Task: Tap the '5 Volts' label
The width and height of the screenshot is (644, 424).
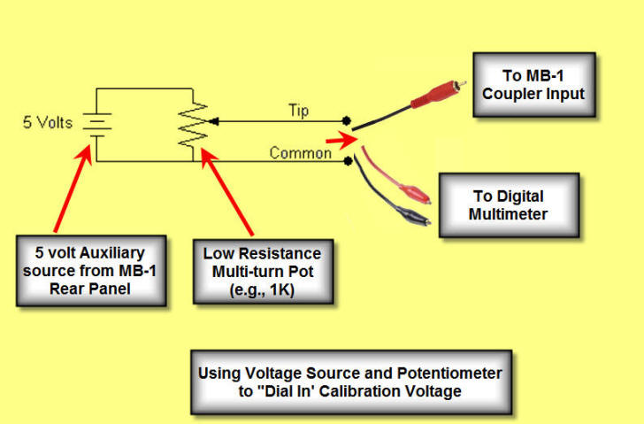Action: [49, 121]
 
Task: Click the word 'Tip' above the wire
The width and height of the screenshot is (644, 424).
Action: [299, 111]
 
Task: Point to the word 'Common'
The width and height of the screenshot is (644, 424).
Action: [300, 152]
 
